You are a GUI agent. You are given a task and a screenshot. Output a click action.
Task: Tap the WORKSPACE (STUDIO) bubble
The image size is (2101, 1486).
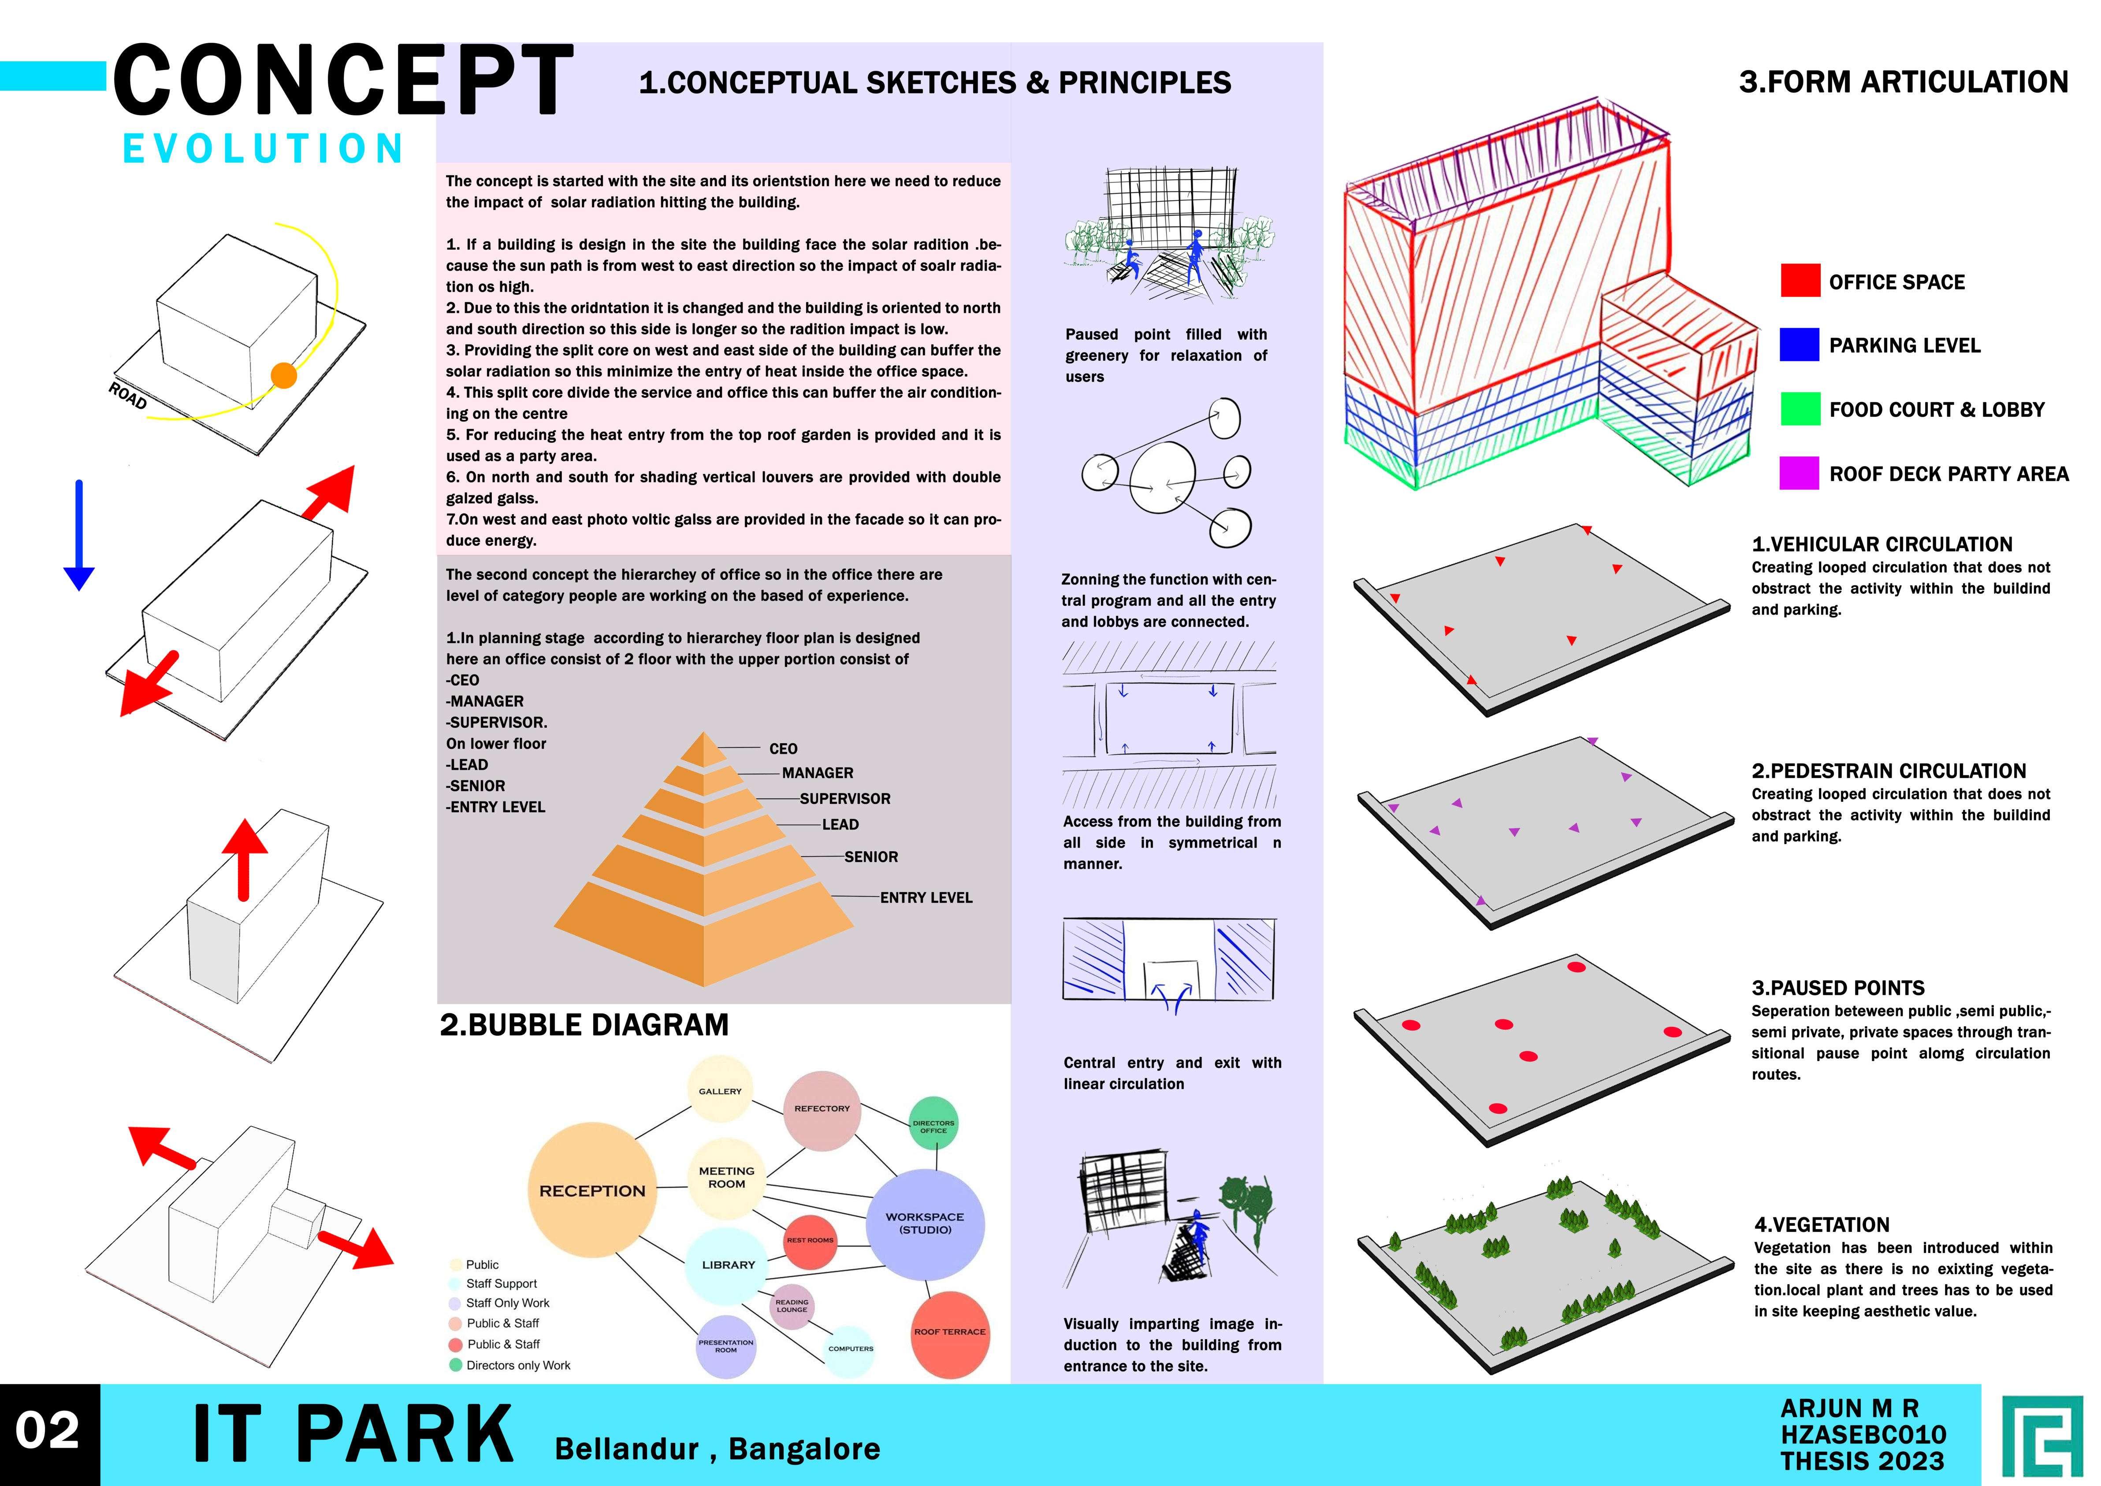click(925, 1223)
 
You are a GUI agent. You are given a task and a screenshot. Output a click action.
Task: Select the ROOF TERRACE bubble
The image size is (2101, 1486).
click(949, 1333)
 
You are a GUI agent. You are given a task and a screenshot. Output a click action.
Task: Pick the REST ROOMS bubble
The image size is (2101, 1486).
click(810, 1241)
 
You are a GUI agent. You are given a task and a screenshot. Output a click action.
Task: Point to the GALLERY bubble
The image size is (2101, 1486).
click(721, 1089)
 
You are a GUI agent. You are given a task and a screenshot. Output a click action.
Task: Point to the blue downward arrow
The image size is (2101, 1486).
click(79, 535)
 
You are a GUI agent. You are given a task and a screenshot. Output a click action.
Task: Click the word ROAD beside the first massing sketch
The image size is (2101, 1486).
click(127, 396)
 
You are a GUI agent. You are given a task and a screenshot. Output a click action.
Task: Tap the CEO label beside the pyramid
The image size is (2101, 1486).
click(783, 749)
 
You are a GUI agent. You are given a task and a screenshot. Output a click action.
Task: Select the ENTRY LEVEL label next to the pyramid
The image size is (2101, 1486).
click(926, 898)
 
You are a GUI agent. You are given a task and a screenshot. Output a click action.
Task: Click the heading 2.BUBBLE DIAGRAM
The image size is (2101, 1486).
click(584, 1025)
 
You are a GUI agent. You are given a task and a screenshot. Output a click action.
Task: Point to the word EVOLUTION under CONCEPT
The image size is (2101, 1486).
click(264, 148)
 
